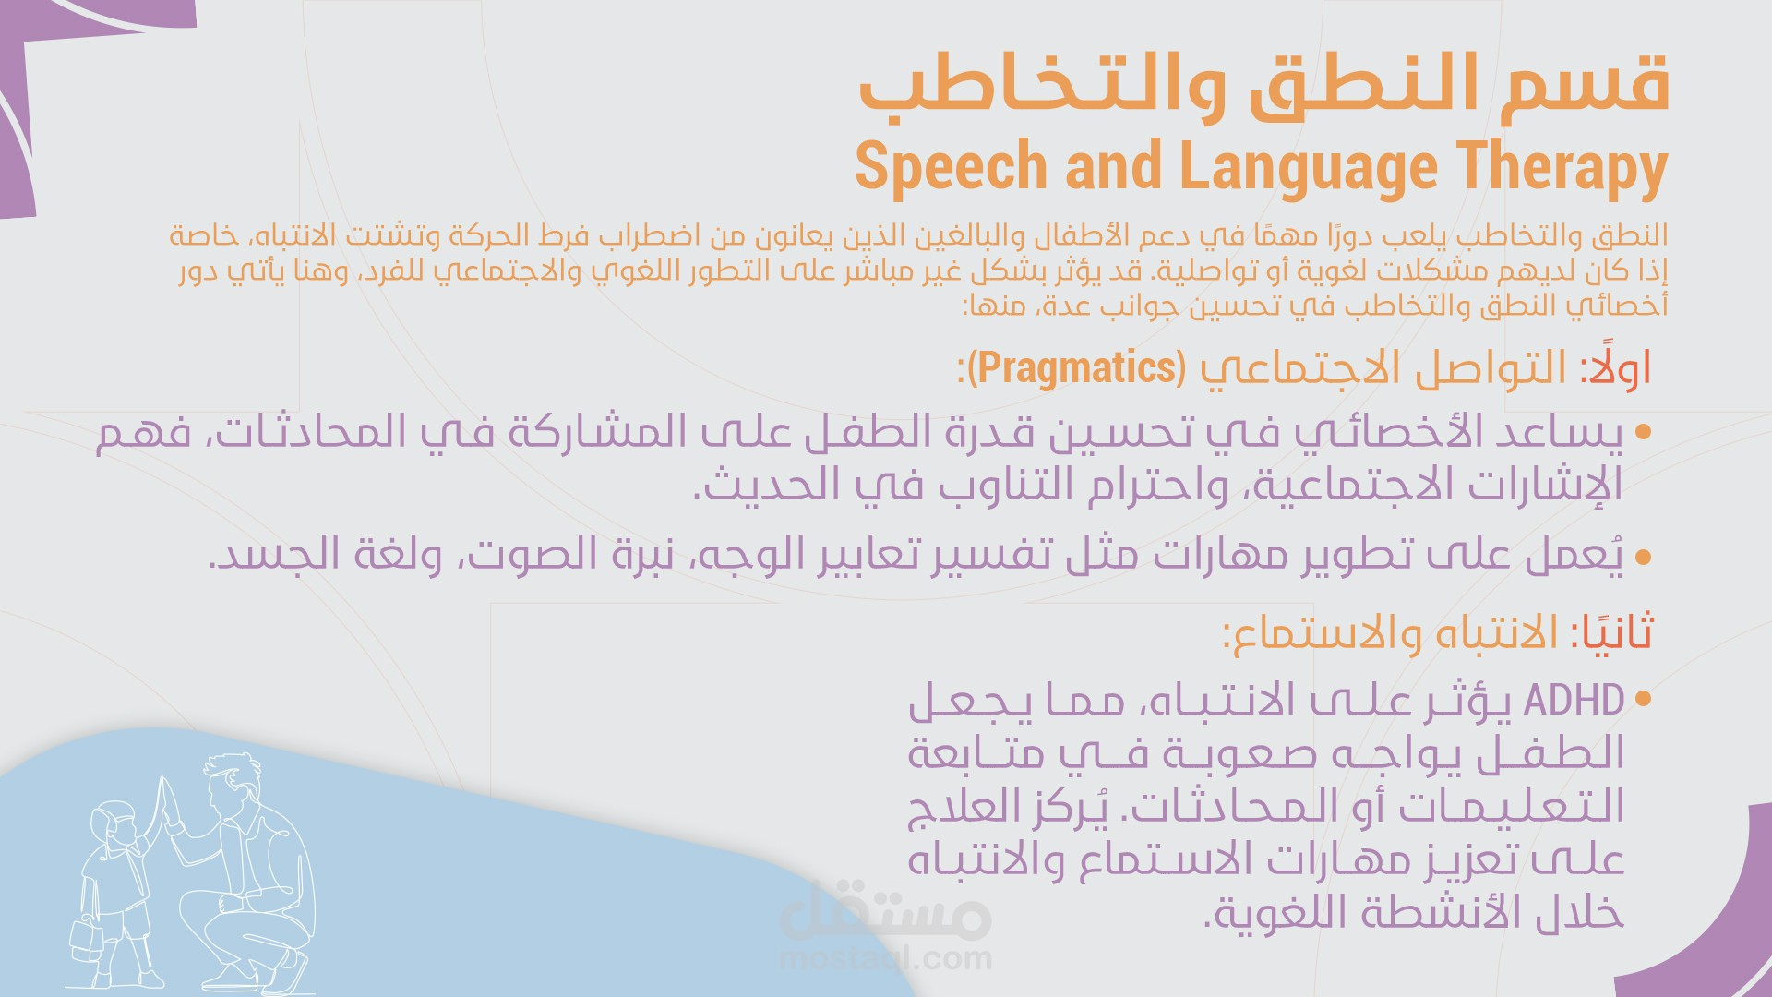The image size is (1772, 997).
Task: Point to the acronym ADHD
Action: coord(1574,700)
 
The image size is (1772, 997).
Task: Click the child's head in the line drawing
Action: coord(114,821)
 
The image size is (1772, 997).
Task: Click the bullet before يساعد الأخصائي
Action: coord(1643,432)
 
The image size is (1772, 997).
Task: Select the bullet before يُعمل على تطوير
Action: coord(1643,557)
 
